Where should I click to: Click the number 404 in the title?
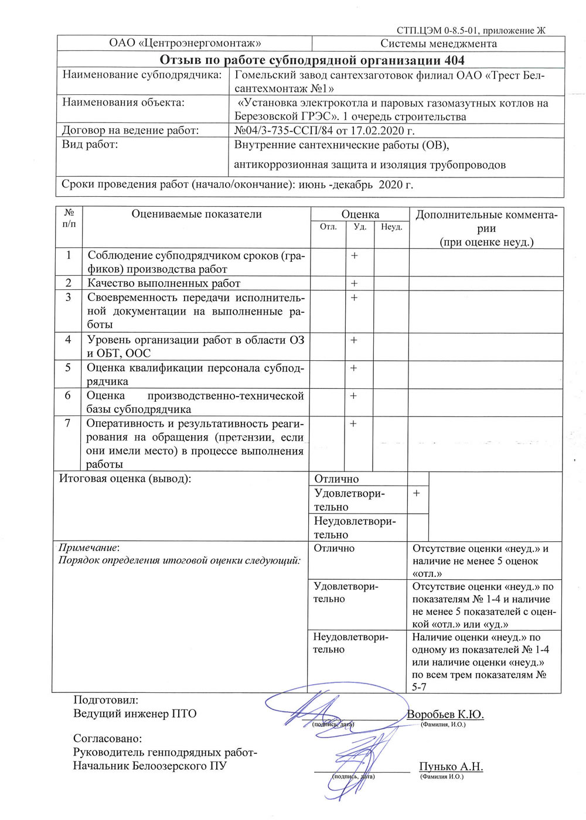click(x=454, y=60)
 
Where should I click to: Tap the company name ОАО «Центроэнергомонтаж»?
click(x=185, y=43)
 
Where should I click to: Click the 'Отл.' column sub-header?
click(x=328, y=227)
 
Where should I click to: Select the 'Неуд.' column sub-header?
click(x=391, y=227)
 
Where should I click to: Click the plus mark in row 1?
click(x=355, y=256)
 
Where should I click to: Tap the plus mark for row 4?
click(x=354, y=340)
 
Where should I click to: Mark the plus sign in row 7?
click(x=353, y=423)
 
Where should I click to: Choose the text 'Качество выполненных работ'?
click(x=163, y=283)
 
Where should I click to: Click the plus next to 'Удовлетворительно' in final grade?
click(x=416, y=494)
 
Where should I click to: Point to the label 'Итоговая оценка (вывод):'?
click(x=125, y=479)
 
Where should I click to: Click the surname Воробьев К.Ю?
click(x=445, y=715)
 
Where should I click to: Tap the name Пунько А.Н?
click(x=451, y=767)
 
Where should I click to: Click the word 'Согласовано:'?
click(x=107, y=739)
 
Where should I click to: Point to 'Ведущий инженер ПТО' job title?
click(x=135, y=713)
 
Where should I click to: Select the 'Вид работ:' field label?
click(x=90, y=145)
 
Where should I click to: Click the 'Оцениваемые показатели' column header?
click(x=196, y=214)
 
